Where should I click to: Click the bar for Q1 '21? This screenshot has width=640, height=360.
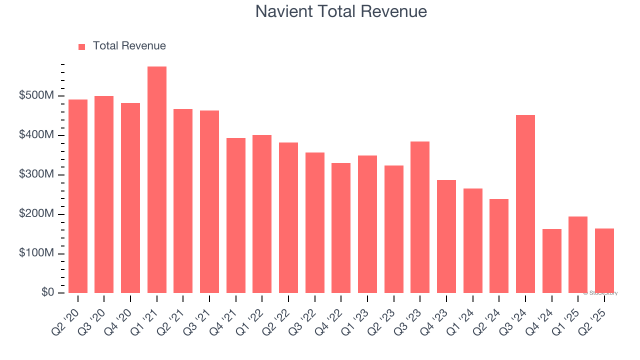(157, 180)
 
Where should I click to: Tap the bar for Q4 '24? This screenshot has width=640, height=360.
(552, 261)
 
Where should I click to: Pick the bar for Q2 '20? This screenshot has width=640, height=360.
(78, 196)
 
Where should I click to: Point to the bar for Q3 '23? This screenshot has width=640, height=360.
(420, 217)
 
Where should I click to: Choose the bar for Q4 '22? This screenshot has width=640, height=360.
(341, 228)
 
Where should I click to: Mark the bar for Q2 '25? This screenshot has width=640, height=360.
(604, 260)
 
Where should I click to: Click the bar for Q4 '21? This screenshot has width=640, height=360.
(236, 215)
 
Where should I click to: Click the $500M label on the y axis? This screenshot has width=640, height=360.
(36, 96)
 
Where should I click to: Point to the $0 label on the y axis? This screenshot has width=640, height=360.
(47, 293)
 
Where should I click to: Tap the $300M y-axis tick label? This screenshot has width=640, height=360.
(36, 175)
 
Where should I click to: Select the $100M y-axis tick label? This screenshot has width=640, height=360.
(36, 253)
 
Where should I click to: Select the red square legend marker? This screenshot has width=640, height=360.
(82, 47)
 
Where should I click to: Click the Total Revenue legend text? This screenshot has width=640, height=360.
(129, 46)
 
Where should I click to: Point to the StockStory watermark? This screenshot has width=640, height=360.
(600, 293)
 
